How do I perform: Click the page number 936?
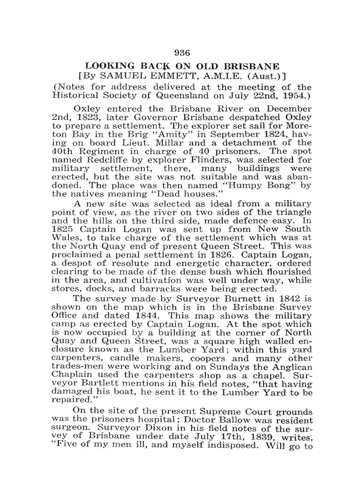pos(180,52)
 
